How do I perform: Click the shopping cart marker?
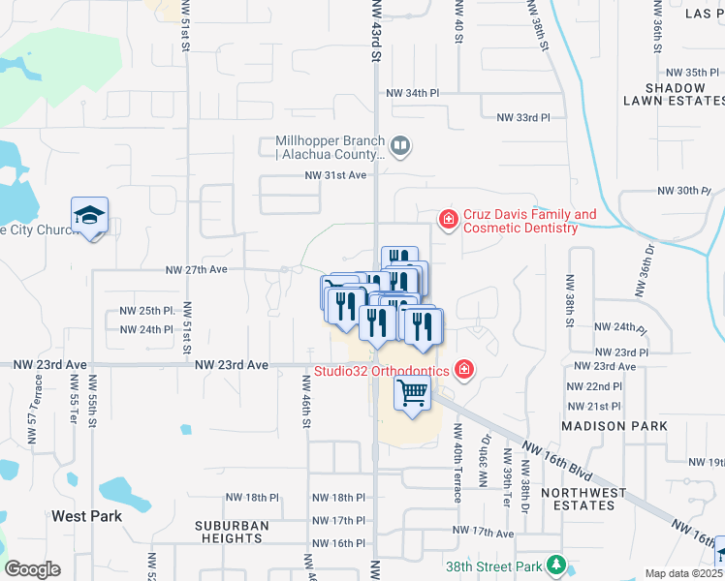tap(413, 393)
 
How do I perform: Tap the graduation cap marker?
tap(89, 215)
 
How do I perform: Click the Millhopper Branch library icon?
tap(401, 147)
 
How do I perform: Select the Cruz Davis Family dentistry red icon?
tap(448, 220)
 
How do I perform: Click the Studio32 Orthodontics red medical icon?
tap(464, 370)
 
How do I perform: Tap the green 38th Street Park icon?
tap(555, 564)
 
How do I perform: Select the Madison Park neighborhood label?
tap(615, 426)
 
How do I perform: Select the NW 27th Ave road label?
tap(196, 270)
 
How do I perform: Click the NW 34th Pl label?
tap(413, 93)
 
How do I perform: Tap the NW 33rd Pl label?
tap(523, 117)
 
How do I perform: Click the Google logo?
tap(32, 569)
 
